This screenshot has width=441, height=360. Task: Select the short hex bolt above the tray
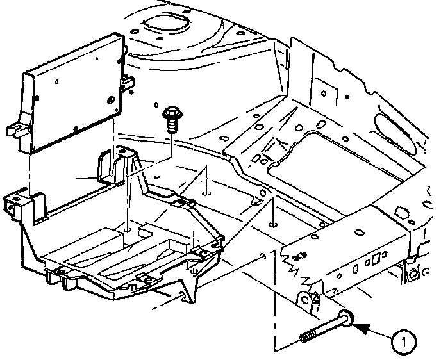[x=172, y=120]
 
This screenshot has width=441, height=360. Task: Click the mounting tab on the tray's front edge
[x=146, y=279]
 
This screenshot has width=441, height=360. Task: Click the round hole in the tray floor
[x=128, y=229]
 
